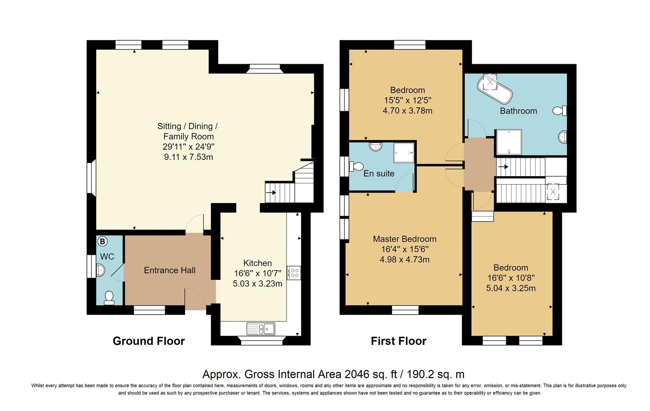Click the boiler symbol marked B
[102, 241]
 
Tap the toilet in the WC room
[109, 298]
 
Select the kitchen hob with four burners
[294, 273]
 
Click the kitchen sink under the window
[261, 329]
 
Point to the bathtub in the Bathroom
[495, 89]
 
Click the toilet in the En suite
[356, 166]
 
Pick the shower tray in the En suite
[404, 153]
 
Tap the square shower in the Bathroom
[509, 142]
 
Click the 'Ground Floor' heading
[148, 341]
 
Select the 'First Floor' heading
[398, 341]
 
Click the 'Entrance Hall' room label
[169, 270]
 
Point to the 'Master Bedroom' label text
[405, 239]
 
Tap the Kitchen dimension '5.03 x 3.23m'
[257, 284]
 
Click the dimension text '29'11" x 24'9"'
[189, 147]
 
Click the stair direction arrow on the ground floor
[271, 193]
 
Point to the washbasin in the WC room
[100, 270]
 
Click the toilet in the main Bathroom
[559, 111]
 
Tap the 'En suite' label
[379, 174]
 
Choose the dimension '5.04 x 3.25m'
[511, 288]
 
